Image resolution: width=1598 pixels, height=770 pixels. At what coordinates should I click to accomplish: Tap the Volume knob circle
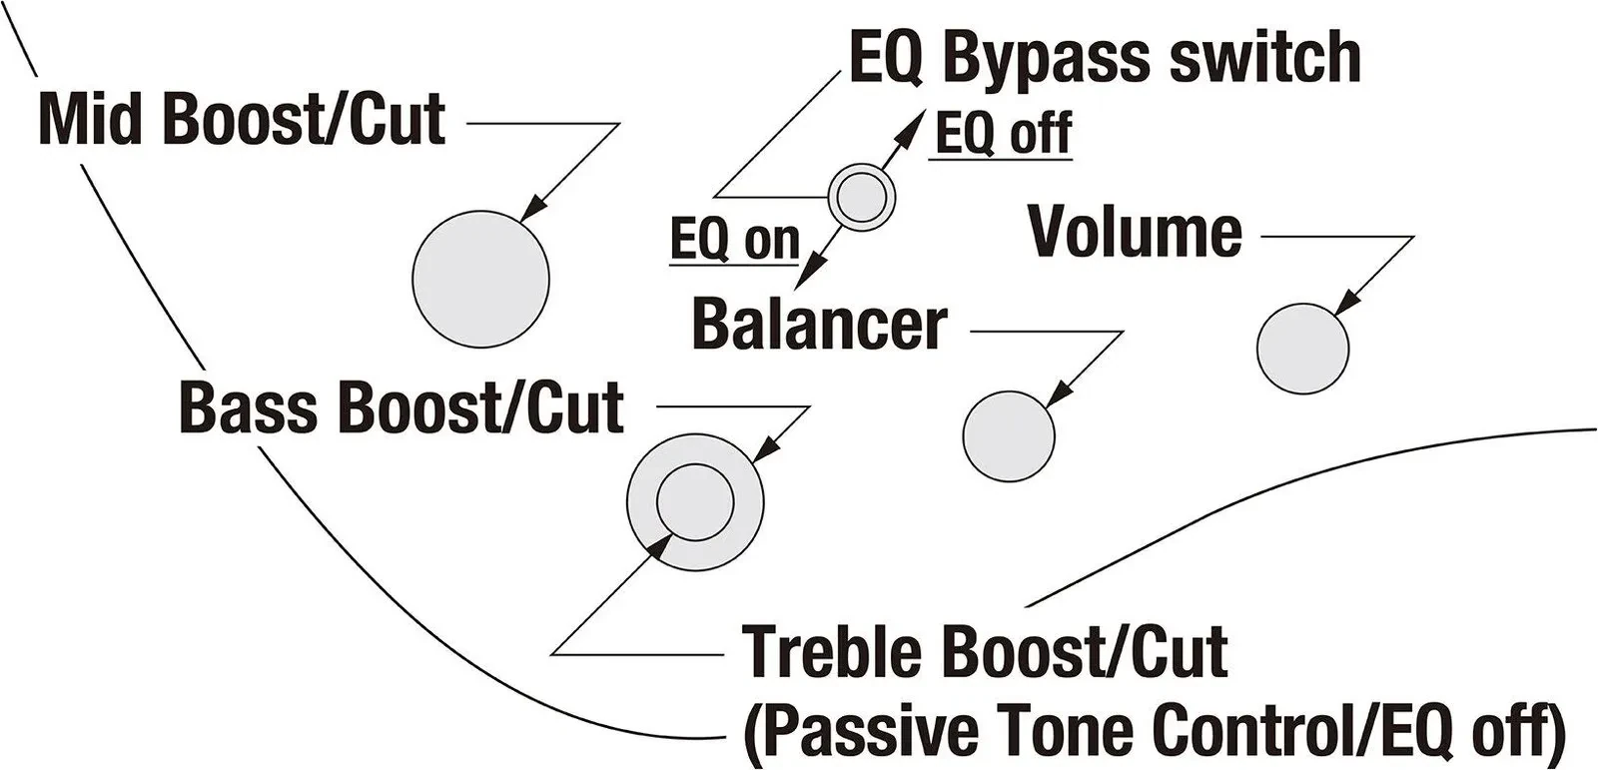tap(1302, 349)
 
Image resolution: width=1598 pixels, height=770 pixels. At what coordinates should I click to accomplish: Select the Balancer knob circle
tap(1009, 435)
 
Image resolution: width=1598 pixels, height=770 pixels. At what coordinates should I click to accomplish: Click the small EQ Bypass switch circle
tap(862, 199)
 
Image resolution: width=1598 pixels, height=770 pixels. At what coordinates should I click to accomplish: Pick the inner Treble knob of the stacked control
tap(695, 501)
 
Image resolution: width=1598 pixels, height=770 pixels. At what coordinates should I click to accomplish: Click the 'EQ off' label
tap(1002, 133)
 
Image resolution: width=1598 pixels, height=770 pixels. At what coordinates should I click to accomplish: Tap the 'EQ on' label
tap(735, 240)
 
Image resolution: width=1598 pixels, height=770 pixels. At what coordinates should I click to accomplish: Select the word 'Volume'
tap(1136, 232)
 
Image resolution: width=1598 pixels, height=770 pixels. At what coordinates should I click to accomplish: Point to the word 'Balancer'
tap(819, 324)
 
